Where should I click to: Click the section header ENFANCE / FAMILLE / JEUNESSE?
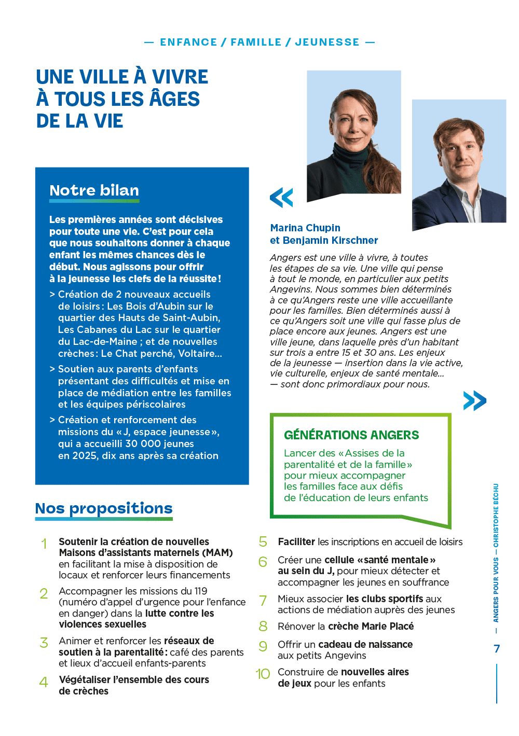click(x=259, y=42)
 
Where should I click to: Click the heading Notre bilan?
click(x=94, y=190)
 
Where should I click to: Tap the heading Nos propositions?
click(x=104, y=508)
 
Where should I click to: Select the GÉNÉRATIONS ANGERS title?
click(x=351, y=435)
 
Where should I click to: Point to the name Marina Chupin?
click(x=305, y=228)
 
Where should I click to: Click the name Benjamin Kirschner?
click(x=330, y=240)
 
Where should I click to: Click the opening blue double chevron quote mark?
click(x=281, y=198)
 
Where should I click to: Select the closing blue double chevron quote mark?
click(x=474, y=400)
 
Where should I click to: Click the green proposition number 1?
click(x=44, y=544)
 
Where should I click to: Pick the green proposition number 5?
click(x=263, y=541)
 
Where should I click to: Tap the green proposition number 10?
click(x=263, y=674)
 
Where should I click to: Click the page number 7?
click(x=497, y=648)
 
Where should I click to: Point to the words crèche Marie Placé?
click(x=371, y=626)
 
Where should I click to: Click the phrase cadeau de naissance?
click(x=365, y=644)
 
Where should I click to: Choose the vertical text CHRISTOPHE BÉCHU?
click(x=496, y=516)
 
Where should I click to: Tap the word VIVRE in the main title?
click(x=180, y=77)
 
